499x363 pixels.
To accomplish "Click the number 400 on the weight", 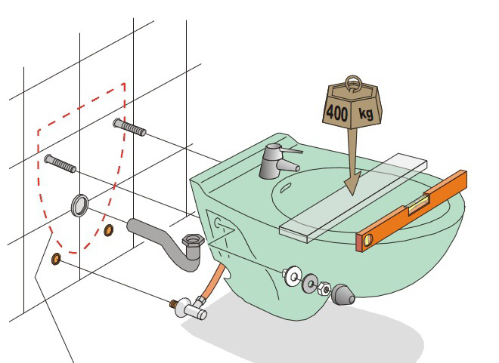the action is pos(337,112).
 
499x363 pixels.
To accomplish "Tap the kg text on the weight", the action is pos(366,113).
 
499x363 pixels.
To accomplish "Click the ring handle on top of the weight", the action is pos(353,83).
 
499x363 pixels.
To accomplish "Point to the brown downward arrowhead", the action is pos(352,183).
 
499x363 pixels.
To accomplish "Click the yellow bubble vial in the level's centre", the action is pos(420,203).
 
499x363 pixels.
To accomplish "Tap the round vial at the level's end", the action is pos(368,240).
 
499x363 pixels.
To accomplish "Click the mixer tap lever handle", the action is pos(290,150).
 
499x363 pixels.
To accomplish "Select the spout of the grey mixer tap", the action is pos(289,165).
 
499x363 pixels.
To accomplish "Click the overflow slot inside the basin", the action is pos(284,188).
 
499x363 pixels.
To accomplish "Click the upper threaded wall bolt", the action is pos(129,127).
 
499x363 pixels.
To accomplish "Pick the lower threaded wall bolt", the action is pos(60,163).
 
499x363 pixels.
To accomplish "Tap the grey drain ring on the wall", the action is pos(79,205).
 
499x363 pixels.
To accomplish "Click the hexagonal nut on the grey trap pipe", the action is pos(193,241).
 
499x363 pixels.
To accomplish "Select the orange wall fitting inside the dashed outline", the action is pos(109,230).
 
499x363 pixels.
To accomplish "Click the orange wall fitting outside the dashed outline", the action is pos(56,259).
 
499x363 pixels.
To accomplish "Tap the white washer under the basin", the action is pos(292,276).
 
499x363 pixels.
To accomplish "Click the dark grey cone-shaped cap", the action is pos(342,295).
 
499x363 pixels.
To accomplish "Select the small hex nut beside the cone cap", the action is pos(324,288).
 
